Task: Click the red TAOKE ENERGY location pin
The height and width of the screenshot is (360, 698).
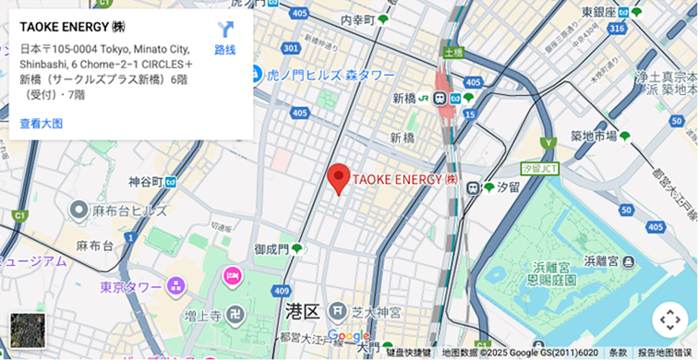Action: click(340, 177)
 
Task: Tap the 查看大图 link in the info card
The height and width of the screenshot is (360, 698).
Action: click(42, 124)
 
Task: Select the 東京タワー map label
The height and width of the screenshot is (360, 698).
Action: click(132, 286)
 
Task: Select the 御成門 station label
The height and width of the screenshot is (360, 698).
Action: click(272, 249)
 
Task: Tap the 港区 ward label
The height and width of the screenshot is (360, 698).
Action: click(302, 311)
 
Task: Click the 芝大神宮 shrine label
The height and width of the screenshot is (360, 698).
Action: click(374, 312)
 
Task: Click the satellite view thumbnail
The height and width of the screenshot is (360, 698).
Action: click(27, 330)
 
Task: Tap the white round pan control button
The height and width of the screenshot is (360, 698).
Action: click(669, 320)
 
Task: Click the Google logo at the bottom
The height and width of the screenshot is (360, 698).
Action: click(348, 336)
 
